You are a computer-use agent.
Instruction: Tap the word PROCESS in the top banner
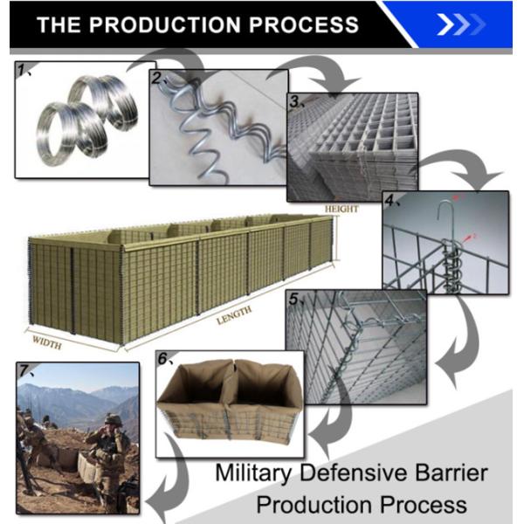pyautogui.click(x=301, y=24)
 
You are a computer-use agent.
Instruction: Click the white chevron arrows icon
pyautogui.click(x=460, y=24)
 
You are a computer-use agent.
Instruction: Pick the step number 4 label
pyautogui.click(x=390, y=200)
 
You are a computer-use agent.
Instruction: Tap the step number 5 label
pyautogui.click(x=294, y=300)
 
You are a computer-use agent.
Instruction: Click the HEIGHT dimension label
pyautogui.click(x=341, y=210)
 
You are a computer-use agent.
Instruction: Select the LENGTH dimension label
pyautogui.click(x=234, y=315)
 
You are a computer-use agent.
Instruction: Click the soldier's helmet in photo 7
pyautogui.click(x=114, y=418)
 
